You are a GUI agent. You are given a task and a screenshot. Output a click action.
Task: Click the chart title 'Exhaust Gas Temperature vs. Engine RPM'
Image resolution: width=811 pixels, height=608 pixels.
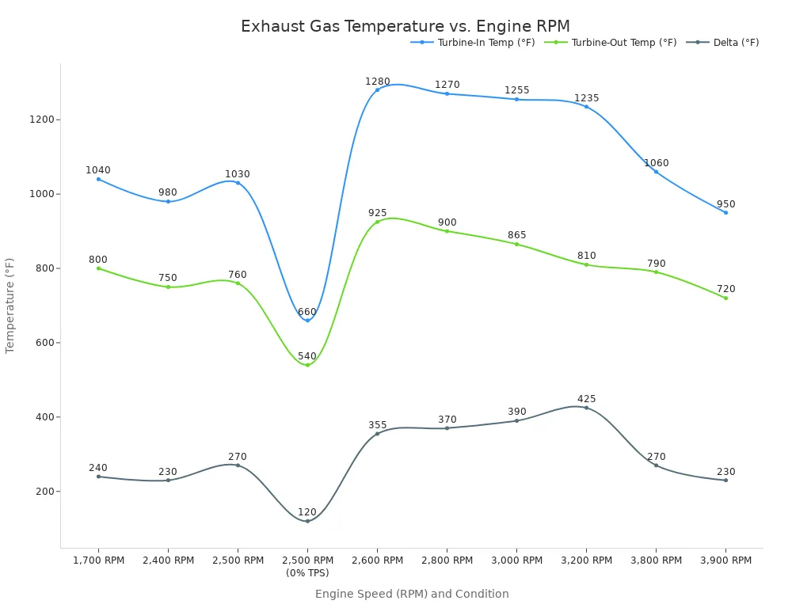[x=405, y=27]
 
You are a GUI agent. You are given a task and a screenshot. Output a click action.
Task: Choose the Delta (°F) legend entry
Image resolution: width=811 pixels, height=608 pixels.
[x=736, y=43]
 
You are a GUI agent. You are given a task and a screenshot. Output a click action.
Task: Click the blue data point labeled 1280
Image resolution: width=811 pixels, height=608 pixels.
[x=377, y=89]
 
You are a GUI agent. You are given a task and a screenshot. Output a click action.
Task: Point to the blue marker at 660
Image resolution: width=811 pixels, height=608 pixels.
[x=307, y=320]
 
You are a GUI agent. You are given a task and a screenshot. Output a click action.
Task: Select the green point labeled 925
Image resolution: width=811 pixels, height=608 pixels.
[x=377, y=222]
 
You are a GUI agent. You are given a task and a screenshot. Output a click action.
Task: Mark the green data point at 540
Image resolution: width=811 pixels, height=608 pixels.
[x=307, y=365]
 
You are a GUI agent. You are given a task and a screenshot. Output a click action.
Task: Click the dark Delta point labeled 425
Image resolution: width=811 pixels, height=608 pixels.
[x=586, y=408]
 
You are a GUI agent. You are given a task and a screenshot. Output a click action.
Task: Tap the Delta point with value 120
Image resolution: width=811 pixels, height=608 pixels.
[x=307, y=521]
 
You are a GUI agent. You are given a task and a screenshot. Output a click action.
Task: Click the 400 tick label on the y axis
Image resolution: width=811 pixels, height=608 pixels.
[x=44, y=417]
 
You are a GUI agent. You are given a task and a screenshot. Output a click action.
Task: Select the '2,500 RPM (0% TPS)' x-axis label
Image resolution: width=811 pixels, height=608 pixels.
[x=307, y=566]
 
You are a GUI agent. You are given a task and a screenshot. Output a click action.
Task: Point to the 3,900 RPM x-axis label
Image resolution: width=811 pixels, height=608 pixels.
[x=725, y=560]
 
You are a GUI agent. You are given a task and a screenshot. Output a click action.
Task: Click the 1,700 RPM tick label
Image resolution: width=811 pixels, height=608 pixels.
[x=98, y=560]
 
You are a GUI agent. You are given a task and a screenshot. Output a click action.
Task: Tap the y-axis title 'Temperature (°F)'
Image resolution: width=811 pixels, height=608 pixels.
[x=10, y=305]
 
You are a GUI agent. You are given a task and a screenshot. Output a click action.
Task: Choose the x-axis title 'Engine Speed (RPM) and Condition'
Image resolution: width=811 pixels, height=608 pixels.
[x=412, y=594]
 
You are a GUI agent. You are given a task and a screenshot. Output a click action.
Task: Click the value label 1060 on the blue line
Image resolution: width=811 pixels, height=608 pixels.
[x=656, y=163]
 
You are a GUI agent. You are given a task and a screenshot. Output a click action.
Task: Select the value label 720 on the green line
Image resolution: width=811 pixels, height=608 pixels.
[x=725, y=289]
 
